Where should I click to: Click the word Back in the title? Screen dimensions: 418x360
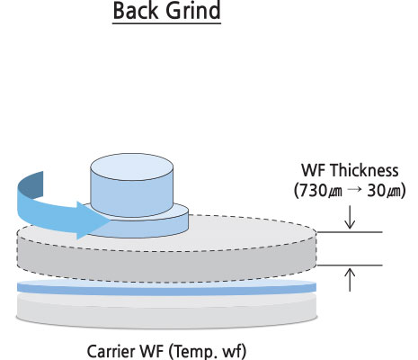[136, 11]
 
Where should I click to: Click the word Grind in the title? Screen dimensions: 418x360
[193, 11]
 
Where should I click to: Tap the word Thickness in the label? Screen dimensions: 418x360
[364, 170]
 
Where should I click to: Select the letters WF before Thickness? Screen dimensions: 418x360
[314, 170]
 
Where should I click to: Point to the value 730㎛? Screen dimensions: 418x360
[318, 191]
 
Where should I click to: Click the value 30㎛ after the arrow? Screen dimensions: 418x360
[387, 191]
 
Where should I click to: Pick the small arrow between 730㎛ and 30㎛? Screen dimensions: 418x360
[355, 190]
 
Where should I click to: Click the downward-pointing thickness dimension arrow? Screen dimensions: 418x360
[350, 217]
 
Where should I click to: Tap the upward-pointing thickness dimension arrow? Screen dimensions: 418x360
[350, 280]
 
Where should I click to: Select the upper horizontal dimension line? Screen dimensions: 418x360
[350, 232]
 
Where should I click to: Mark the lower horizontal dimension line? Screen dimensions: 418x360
[350, 265]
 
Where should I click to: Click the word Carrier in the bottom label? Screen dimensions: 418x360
[111, 351]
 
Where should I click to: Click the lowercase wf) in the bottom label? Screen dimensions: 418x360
[235, 352]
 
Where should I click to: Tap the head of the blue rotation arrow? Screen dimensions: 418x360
[93, 220]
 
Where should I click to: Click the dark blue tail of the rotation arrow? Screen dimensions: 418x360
[31, 184]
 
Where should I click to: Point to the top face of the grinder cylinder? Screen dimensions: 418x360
[132, 166]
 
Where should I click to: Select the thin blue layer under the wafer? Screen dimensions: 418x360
[166, 288]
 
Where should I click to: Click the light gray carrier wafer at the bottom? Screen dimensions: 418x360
[166, 312]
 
